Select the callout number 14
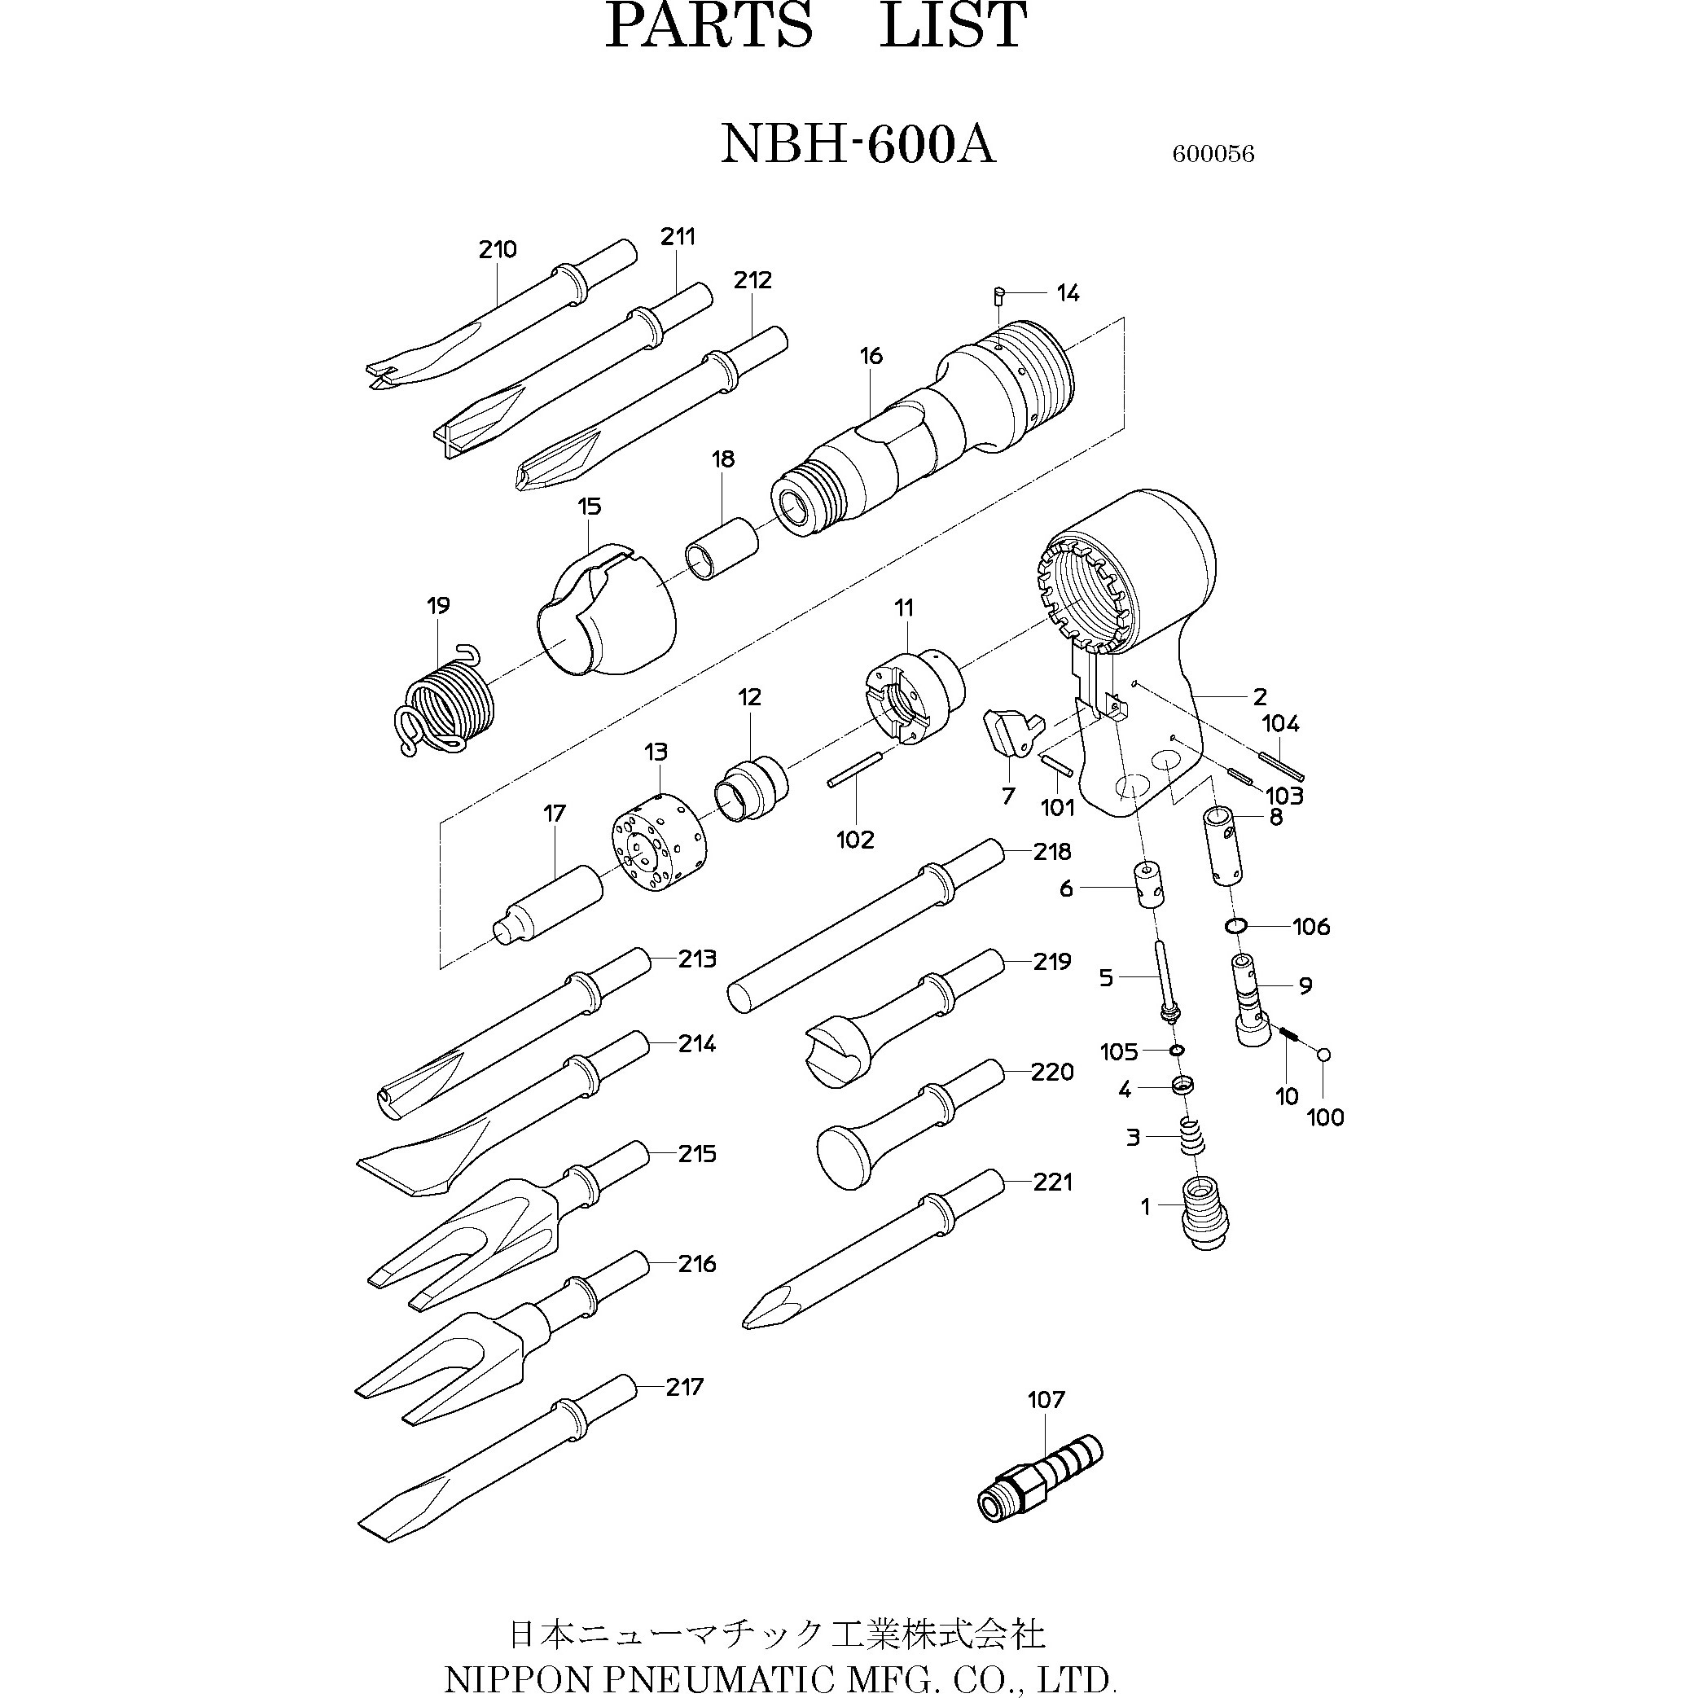tap(1068, 292)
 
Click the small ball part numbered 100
tap(1323, 1055)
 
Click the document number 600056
tap(1213, 154)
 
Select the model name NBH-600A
tap(858, 143)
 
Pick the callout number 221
tap(1053, 1182)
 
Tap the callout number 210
tap(498, 249)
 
